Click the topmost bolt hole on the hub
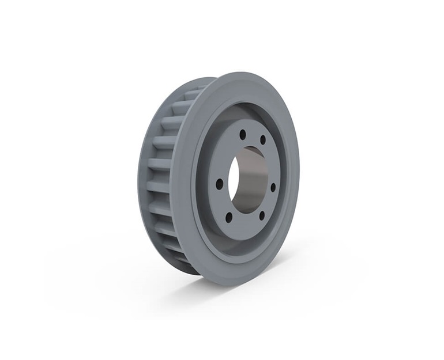click(x=243, y=133)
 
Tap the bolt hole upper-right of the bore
click(x=263, y=139)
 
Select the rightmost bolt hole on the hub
click(x=273, y=187)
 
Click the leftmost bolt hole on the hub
click(x=220, y=184)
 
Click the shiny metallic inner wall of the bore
click(x=254, y=184)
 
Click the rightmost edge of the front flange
click(x=299, y=173)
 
